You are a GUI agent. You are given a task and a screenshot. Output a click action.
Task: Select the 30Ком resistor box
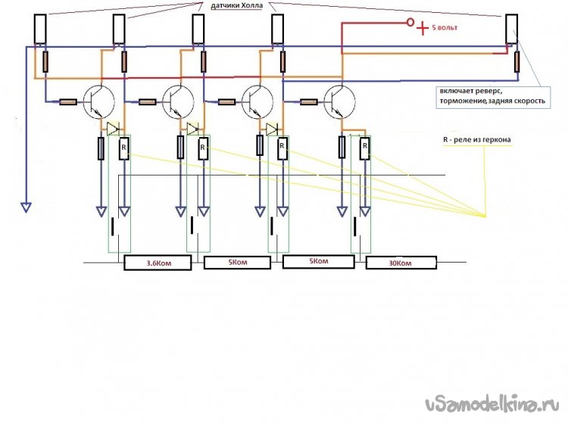click(x=401, y=263)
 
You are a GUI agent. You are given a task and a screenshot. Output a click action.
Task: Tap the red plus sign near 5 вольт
click(x=423, y=29)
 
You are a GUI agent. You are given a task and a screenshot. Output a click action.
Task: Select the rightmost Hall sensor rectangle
click(x=513, y=30)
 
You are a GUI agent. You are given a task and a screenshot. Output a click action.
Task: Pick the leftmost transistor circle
click(x=98, y=101)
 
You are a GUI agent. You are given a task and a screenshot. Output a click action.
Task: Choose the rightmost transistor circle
click(x=339, y=101)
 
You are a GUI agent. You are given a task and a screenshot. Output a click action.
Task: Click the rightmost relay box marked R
click(x=364, y=148)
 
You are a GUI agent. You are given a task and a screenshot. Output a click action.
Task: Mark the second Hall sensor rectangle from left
click(x=119, y=30)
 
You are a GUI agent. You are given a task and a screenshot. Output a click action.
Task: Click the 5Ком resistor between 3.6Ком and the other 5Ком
click(x=237, y=263)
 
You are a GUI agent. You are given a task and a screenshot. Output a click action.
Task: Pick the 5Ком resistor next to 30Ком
click(x=318, y=263)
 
